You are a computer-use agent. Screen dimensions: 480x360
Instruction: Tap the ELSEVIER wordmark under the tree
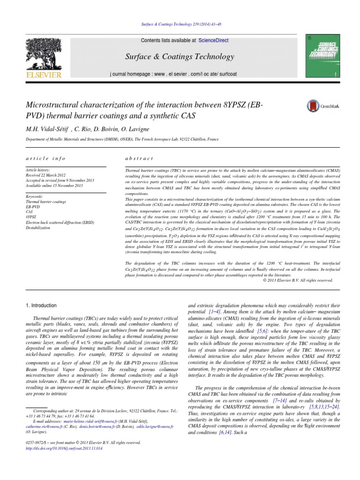43,75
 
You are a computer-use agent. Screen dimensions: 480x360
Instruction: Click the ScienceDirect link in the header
213,41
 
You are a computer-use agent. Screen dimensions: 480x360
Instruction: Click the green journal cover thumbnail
322,55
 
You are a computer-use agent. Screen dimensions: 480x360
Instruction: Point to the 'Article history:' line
39,170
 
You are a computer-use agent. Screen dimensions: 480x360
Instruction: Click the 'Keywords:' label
35,196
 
